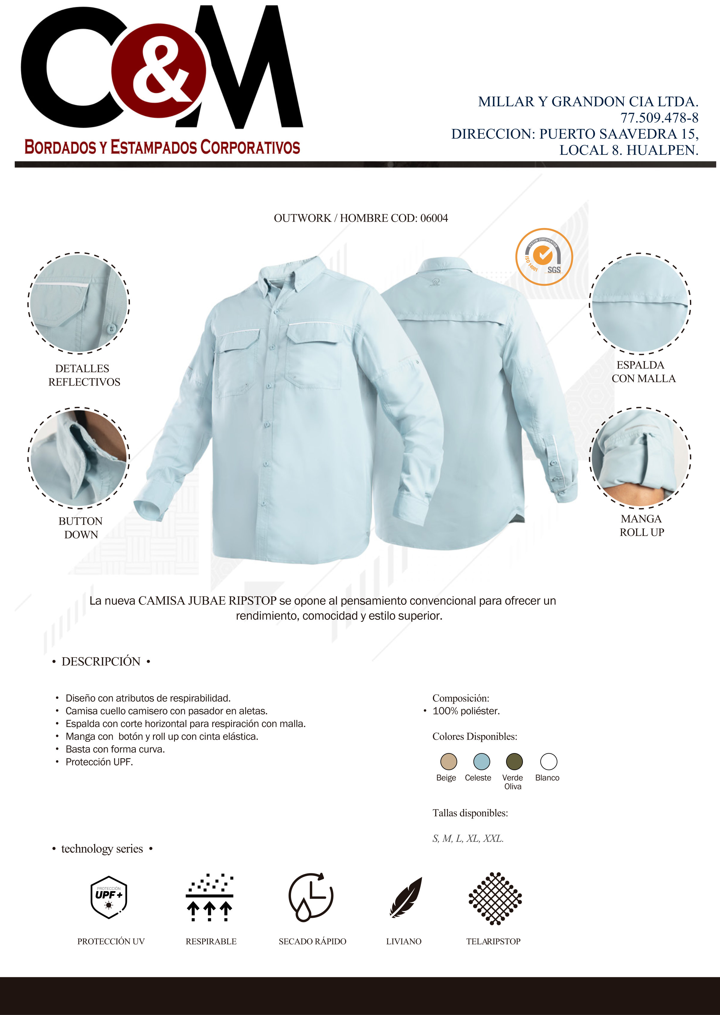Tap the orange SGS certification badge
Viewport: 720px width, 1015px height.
pos(544,257)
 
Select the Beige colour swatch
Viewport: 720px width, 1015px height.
pos(448,761)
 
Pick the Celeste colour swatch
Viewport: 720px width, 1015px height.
pos(481,761)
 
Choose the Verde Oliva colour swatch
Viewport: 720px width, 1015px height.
pos(514,761)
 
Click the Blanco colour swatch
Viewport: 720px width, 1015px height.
pos(548,761)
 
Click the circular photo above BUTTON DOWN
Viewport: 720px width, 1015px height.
pos(79,457)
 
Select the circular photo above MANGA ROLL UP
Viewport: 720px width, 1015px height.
pos(640,457)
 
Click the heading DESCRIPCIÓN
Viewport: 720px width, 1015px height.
pos(101,662)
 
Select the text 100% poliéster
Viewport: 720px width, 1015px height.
pos(466,711)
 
